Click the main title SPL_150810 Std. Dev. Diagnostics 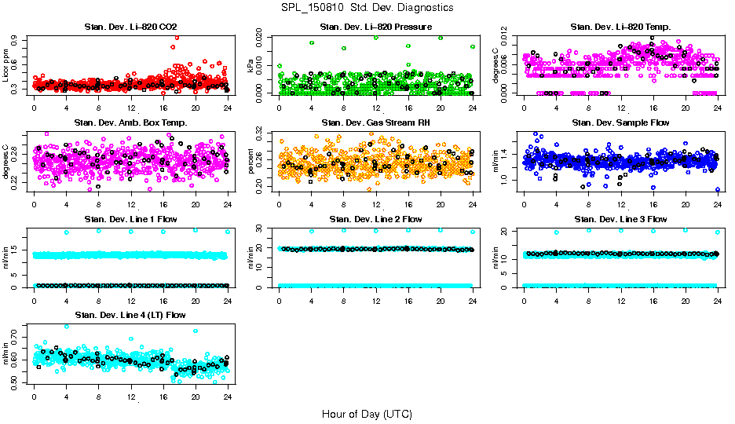click(x=367, y=7)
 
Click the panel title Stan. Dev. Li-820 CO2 click(x=130, y=27)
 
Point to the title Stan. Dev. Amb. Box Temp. click(x=130, y=123)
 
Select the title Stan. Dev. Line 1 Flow click(x=130, y=219)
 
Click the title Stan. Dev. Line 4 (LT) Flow click(x=130, y=315)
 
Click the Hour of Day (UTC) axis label click(x=367, y=414)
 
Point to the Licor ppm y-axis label click(x=6, y=65)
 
